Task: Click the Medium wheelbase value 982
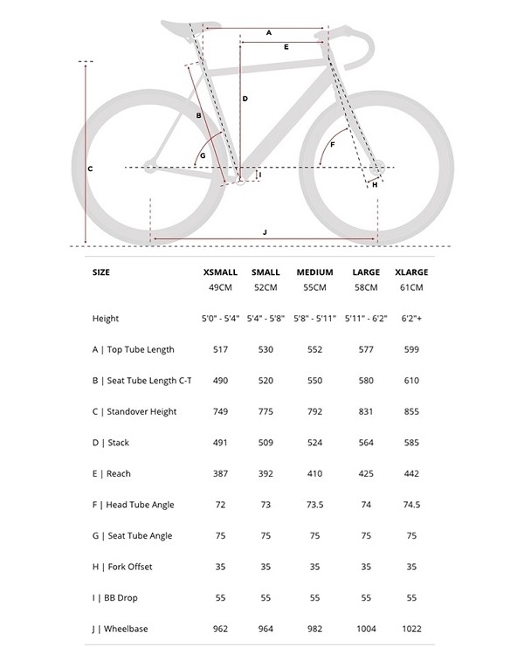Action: pyautogui.click(x=314, y=629)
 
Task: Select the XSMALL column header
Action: pyautogui.click(x=220, y=272)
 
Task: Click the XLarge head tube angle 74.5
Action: pyautogui.click(x=410, y=505)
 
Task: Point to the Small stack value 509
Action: pyautogui.click(x=265, y=443)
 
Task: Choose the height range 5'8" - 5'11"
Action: pyautogui.click(x=314, y=319)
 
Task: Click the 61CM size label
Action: pyautogui.click(x=410, y=287)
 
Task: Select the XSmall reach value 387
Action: pyautogui.click(x=220, y=473)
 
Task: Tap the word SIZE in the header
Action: pyautogui.click(x=101, y=272)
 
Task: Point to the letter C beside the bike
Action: pyautogui.click(x=90, y=168)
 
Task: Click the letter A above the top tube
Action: pyautogui.click(x=269, y=32)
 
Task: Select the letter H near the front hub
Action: pyautogui.click(x=375, y=185)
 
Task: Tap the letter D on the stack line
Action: pyautogui.click(x=245, y=99)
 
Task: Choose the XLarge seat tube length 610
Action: pyautogui.click(x=410, y=381)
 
